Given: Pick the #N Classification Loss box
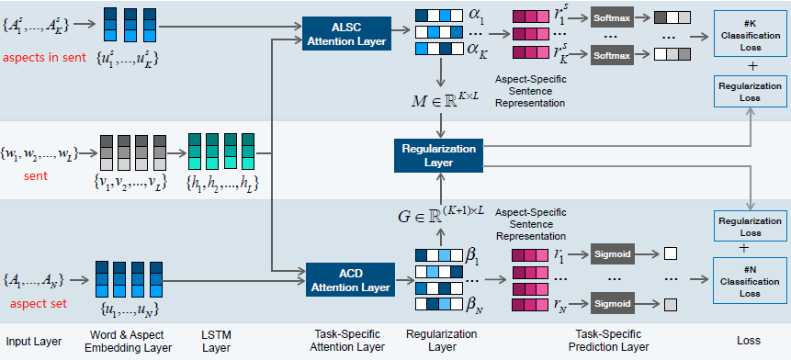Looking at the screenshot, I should [751, 279].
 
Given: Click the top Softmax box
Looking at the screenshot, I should [614, 17].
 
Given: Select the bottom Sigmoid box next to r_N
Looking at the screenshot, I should [614, 303].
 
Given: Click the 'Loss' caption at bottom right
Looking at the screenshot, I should [749, 342].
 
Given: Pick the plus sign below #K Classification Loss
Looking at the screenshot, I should [751, 67].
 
